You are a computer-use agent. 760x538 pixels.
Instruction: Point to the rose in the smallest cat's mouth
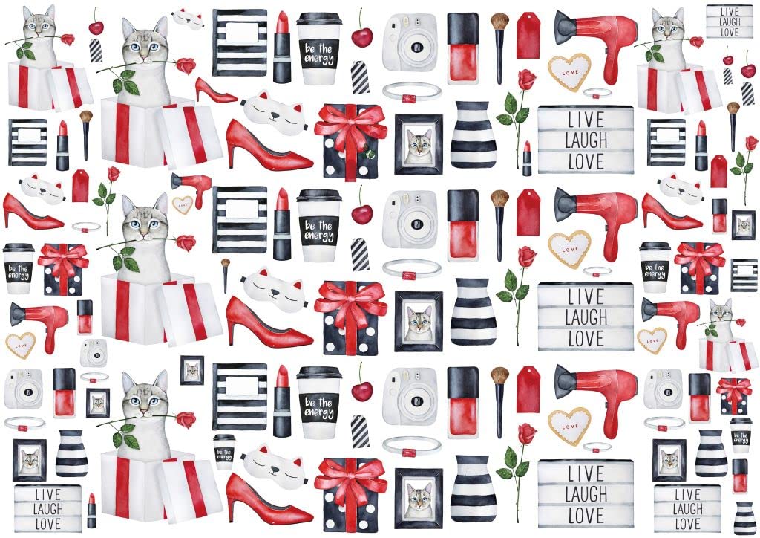click(740, 321)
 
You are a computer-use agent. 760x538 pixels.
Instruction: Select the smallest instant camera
click(94, 351)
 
